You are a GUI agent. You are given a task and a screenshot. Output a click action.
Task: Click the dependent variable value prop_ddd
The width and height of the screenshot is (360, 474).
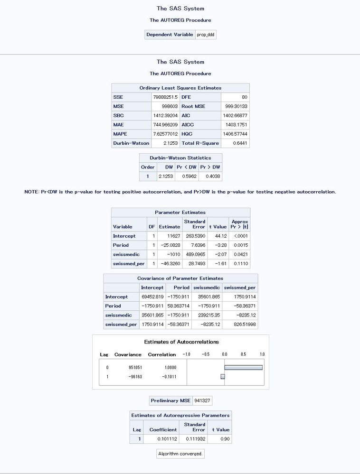pos(206,35)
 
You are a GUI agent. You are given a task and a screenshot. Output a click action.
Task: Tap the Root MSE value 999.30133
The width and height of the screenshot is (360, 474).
pos(236,106)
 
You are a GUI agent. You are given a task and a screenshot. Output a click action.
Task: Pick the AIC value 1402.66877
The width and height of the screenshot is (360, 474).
pos(236,115)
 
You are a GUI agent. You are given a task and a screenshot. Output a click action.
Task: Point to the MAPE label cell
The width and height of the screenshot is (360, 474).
pos(131,134)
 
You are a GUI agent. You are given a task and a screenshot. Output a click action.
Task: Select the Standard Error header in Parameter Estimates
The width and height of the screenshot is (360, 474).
pos(195,224)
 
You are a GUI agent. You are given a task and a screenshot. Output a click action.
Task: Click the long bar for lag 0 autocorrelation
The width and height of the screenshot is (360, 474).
pos(243,367)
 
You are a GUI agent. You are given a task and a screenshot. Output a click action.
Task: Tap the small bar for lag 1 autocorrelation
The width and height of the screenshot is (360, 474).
pos(222,376)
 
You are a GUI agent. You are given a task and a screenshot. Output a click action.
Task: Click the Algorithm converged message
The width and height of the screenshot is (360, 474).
pos(180,454)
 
